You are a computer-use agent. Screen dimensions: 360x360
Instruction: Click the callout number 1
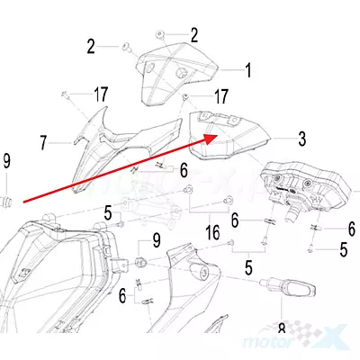(x=247, y=70)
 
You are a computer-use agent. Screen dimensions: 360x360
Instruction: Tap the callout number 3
(x=301, y=139)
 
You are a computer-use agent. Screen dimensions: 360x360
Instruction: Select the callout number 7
(x=43, y=143)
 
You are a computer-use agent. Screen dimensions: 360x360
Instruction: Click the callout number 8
(x=282, y=328)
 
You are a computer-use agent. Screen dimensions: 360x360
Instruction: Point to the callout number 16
(x=212, y=232)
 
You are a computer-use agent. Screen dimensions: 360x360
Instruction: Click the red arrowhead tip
(x=218, y=135)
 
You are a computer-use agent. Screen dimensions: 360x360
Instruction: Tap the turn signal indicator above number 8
(x=287, y=287)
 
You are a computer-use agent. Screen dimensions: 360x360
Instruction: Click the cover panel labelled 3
(x=228, y=135)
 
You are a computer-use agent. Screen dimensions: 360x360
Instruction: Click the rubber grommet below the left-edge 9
(x=6, y=201)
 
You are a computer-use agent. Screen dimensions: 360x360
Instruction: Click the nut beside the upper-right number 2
(x=160, y=35)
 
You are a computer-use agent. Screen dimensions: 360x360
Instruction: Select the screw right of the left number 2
(x=126, y=47)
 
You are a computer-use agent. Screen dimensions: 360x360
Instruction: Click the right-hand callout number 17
(x=220, y=96)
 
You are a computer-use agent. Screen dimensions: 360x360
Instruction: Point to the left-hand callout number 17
(x=101, y=94)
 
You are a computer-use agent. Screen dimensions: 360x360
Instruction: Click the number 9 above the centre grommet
(x=157, y=240)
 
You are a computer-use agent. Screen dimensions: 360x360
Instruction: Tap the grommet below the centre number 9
(x=140, y=262)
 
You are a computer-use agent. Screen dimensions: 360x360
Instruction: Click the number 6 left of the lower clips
(x=122, y=296)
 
